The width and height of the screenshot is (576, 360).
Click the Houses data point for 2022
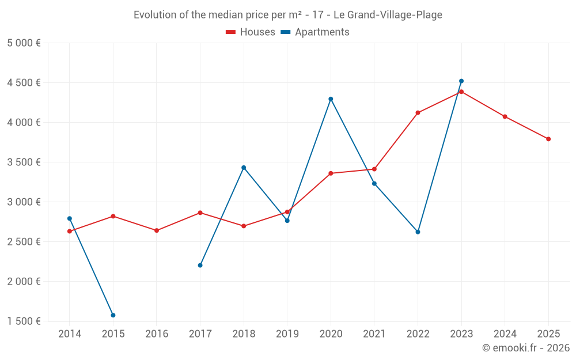point(418,113)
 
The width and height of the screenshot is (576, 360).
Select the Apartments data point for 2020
point(331,99)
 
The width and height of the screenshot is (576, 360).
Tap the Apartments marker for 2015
point(113,315)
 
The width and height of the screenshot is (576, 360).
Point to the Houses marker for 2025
point(548,139)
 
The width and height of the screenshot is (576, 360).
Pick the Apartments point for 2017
point(200,265)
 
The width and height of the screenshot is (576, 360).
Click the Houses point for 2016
point(157,230)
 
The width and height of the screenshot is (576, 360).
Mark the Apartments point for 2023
point(461,81)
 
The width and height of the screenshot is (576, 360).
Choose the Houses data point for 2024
point(505,116)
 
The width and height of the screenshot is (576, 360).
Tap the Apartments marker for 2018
point(244,168)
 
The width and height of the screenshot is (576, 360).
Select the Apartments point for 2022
point(418,232)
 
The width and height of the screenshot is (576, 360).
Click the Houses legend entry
point(251,32)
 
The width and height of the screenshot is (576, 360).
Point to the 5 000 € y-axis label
point(24,43)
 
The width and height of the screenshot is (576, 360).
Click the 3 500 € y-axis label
point(24,162)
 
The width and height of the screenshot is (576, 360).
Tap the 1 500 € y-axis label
point(24,321)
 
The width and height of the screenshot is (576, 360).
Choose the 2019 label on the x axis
point(287,334)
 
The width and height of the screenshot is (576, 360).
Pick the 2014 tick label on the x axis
point(70,334)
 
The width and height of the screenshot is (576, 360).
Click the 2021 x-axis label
point(374,334)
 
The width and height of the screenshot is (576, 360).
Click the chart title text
point(288,15)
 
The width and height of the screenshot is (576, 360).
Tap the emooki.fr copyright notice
point(525,348)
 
